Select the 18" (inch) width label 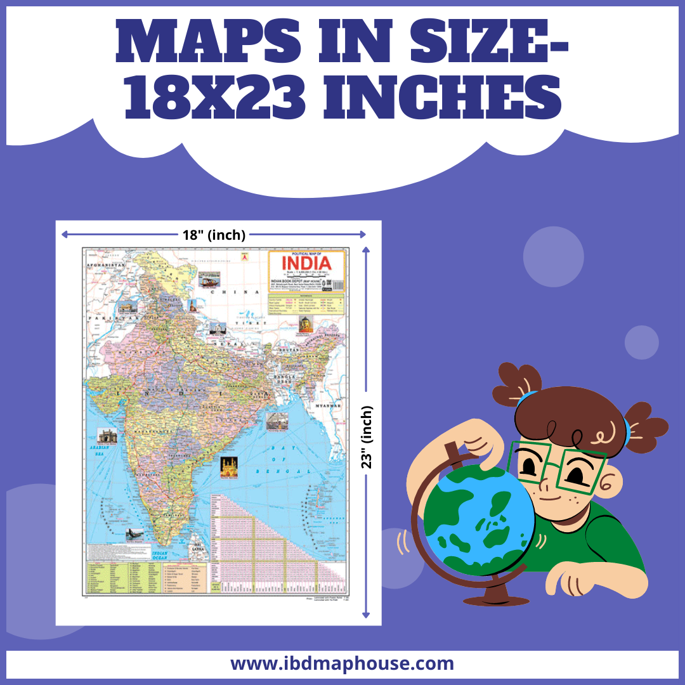point(213,235)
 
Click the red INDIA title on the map point(306,263)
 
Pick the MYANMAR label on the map point(328,405)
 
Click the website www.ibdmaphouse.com point(342,664)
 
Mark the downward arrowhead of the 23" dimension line point(366,614)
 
